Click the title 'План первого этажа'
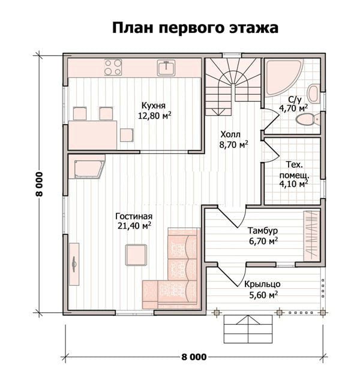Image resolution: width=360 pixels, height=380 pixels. [x=195, y=28]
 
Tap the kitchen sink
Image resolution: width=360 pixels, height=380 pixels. [x=166, y=68]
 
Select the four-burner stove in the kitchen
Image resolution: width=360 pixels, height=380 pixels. [x=113, y=67]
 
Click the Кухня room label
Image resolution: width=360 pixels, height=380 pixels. [x=154, y=105]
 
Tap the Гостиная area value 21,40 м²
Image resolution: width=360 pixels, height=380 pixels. [x=134, y=225]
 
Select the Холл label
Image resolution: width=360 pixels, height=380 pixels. [x=230, y=134]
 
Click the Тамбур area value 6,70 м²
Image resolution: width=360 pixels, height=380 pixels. [x=263, y=241]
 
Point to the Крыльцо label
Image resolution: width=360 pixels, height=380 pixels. [x=262, y=284]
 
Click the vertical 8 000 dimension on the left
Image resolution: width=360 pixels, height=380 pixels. [x=39, y=184]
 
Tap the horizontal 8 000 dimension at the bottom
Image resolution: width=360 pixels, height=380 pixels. [x=194, y=357]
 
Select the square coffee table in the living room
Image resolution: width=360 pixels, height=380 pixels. [x=136, y=255]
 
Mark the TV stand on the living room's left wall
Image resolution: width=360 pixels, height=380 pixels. [x=74, y=264]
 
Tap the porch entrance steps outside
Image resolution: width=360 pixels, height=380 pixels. [x=248, y=329]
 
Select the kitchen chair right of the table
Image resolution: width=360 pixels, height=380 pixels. [x=127, y=135]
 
